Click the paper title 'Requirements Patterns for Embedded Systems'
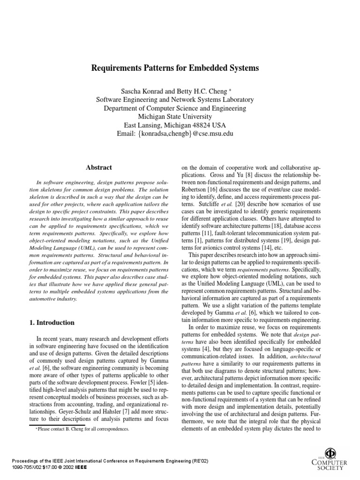click(x=175, y=68)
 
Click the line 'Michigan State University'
click(x=175, y=117)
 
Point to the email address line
click(x=175, y=134)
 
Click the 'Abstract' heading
click(x=99, y=167)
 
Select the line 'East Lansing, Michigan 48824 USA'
click(x=175, y=125)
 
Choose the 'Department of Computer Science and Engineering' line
click(x=175, y=108)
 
